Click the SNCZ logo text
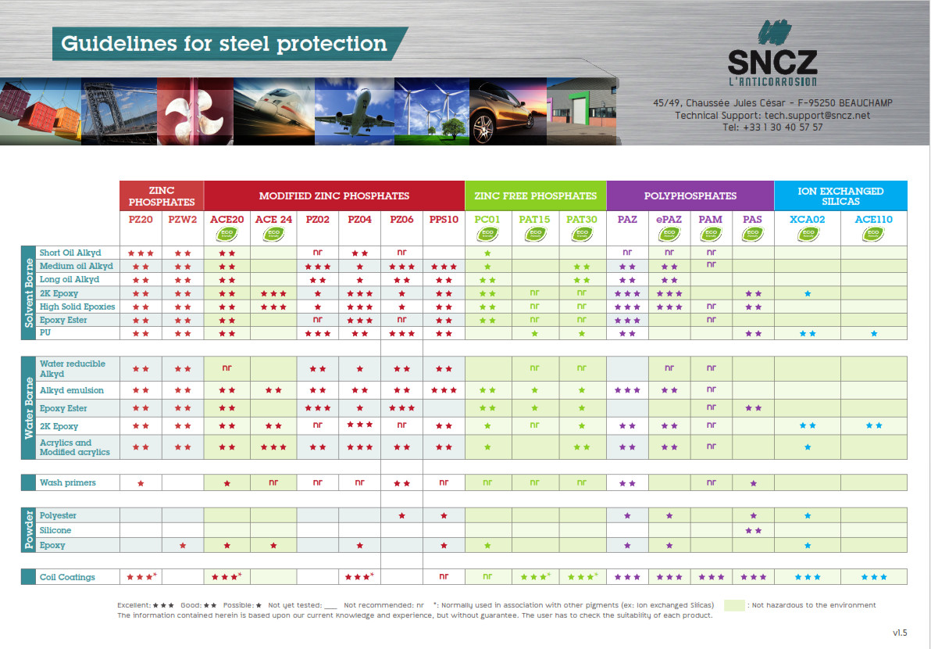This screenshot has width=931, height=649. [772, 63]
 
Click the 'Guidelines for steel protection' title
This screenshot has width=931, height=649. [223, 43]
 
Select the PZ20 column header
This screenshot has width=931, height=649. [141, 219]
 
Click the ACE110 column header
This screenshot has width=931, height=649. [873, 219]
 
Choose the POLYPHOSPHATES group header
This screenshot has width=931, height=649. [690, 195]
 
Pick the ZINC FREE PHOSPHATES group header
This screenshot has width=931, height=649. [535, 195]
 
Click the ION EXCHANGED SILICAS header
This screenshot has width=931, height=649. [840, 195]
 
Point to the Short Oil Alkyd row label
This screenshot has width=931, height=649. [70, 253]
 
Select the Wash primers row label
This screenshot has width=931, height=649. [68, 482]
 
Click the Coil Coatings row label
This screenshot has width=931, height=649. [67, 577]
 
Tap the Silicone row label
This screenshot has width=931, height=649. [55, 530]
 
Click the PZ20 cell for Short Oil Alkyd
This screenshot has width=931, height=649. [141, 253]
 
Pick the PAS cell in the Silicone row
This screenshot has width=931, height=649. [753, 530]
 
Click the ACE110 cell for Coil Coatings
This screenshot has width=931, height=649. [873, 577]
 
